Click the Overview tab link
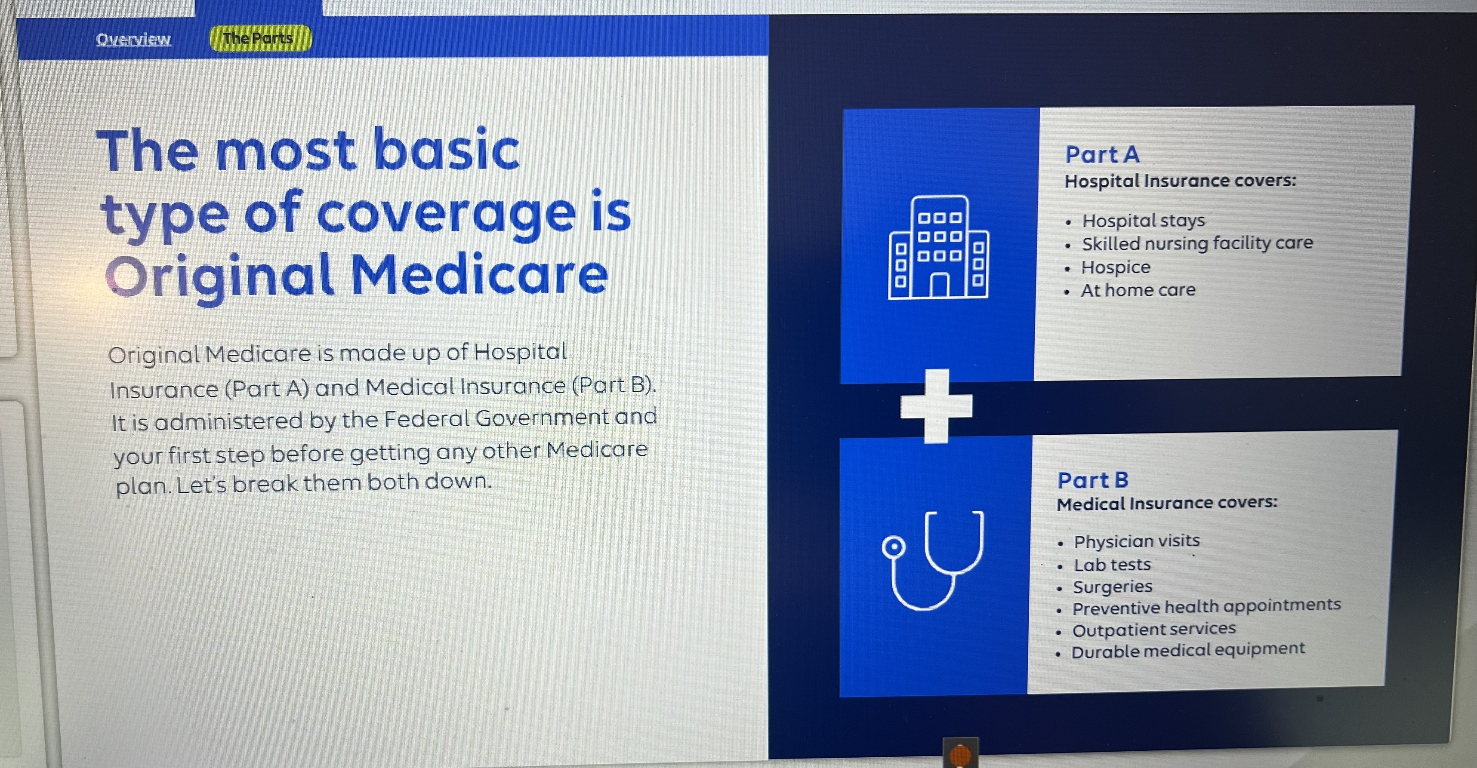pos(133,39)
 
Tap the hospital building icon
pos(938,247)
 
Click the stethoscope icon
pos(933,561)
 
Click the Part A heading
pos(1102,154)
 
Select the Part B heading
pos(1093,480)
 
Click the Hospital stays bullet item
pos(1143,221)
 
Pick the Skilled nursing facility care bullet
pos(1197,243)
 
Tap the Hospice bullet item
pos(1116,267)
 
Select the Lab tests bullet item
pos(1112,565)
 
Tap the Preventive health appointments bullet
pos(1206,607)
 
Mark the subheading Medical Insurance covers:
pos(1167,503)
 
